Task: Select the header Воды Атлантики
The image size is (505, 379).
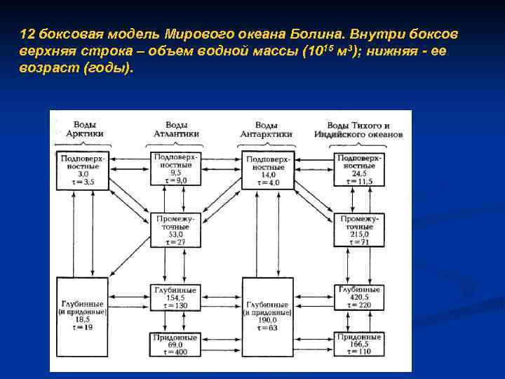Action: pyautogui.click(x=177, y=129)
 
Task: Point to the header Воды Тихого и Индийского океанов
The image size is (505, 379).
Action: pyautogui.click(x=356, y=129)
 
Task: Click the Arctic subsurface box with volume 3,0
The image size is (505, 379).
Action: pyautogui.click(x=83, y=168)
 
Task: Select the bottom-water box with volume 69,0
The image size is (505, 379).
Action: pyautogui.click(x=177, y=345)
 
